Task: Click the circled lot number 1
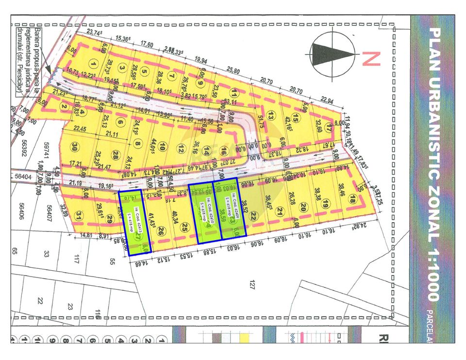[93, 63]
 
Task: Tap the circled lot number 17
[329, 129]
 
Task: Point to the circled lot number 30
[74, 147]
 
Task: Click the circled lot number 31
[79, 215]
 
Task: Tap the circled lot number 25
[184, 228]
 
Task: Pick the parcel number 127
[251, 285]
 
